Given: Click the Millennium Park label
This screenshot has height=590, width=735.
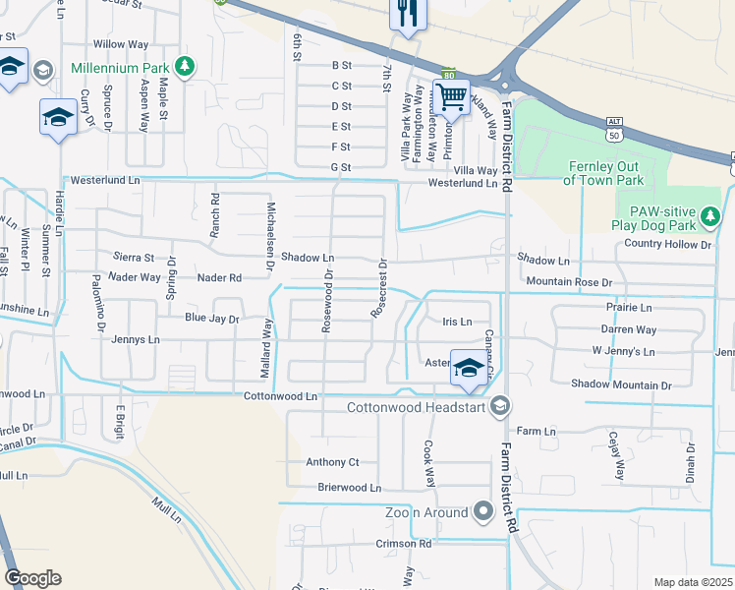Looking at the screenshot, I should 121,69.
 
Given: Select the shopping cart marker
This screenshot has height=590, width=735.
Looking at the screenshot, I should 451,97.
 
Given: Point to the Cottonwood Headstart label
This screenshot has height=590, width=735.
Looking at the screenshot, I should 418,406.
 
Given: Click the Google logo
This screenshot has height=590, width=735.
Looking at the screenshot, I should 32,578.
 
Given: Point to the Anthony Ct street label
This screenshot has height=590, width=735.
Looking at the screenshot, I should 333,462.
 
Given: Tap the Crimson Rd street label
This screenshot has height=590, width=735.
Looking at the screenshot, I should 403,543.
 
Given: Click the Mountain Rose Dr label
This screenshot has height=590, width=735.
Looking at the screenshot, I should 569,282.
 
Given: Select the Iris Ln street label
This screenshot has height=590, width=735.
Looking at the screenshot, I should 457,322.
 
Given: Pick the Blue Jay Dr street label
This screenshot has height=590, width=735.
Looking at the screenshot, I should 212,319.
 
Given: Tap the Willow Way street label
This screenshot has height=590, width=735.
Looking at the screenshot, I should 120,44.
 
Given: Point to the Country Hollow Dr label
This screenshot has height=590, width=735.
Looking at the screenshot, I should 667,244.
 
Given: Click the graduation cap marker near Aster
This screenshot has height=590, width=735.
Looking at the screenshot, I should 468,367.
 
